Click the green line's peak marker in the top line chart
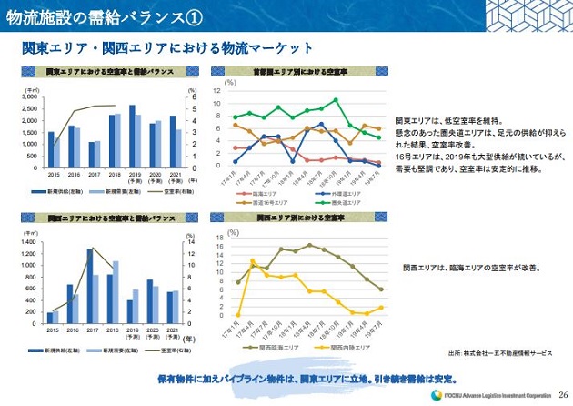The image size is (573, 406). click(336, 100)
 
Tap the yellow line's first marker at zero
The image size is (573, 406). click(236, 316)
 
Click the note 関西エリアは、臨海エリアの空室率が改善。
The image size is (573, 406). click(471, 269)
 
